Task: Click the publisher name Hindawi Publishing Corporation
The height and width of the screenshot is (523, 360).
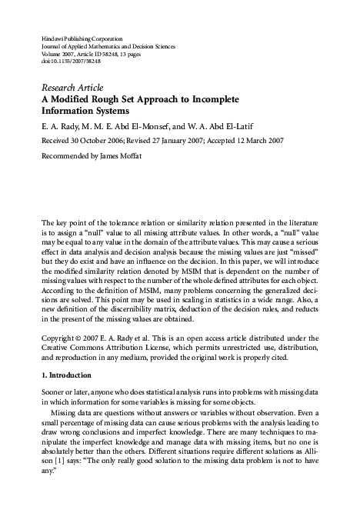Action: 81,36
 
